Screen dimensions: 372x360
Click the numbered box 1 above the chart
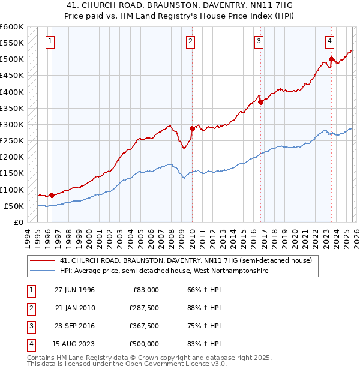point(49,41)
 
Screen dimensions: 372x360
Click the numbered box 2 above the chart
point(190,41)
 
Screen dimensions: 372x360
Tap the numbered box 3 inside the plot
point(259,41)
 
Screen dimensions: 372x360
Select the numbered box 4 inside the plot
point(330,41)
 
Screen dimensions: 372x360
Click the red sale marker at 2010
point(193,128)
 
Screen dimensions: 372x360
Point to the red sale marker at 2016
point(261,102)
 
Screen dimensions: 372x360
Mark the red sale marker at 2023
point(331,59)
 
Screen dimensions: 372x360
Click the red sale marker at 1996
point(52,195)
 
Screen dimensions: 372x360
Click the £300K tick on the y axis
point(12,124)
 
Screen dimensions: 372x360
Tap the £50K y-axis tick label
point(14,206)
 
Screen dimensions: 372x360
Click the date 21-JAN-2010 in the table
point(74,308)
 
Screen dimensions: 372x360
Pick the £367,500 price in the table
point(143,326)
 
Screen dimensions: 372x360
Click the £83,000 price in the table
point(146,290)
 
